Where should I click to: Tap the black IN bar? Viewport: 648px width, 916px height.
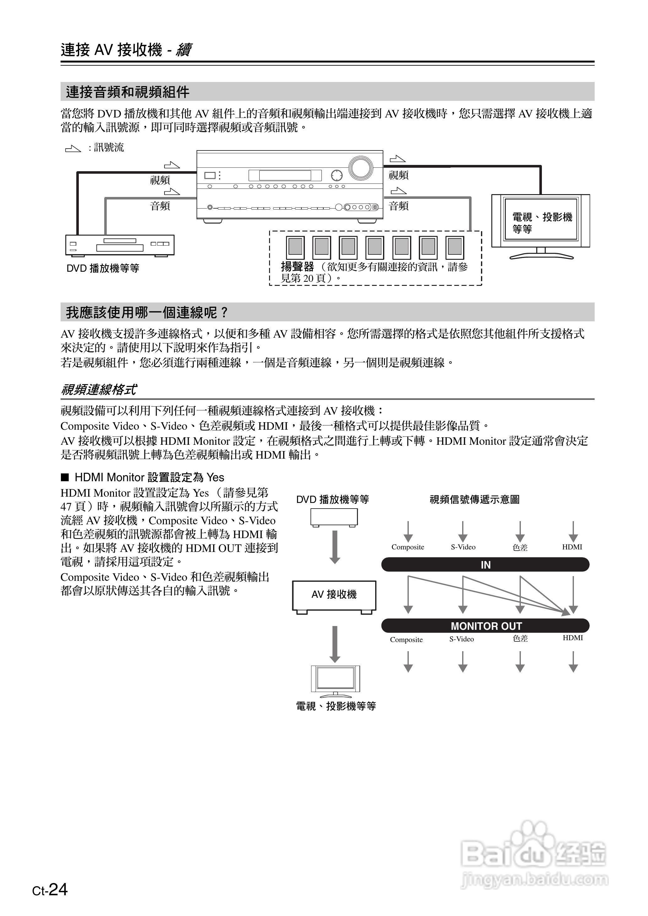coord(485,565)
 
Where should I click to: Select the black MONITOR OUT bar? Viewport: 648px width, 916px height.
coord(485,626)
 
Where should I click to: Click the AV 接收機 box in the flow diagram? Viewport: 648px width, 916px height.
coord(334,595)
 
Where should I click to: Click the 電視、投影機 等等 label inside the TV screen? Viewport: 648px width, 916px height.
coord(542,223)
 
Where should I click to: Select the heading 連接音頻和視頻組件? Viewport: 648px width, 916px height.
coord(128,92)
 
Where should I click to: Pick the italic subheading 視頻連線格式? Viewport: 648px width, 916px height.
coord(99,389)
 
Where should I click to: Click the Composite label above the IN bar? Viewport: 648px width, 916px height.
coord(408,547)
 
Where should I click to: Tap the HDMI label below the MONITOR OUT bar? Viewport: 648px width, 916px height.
coord(573,638)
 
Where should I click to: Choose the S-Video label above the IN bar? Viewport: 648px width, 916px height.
coord(463,547)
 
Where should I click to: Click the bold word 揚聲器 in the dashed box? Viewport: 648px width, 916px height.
coord(297,267)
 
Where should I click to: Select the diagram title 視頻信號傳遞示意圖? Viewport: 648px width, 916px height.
coord(474,499)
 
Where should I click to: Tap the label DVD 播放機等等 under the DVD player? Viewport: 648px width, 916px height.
coord(103,268)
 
